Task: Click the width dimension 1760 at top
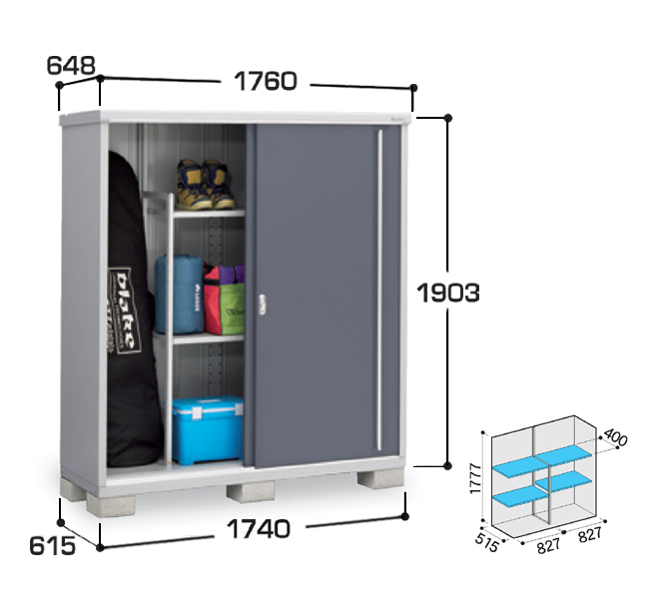click(266, 81)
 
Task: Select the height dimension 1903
click(448, 293)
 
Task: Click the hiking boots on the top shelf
click(205, 185)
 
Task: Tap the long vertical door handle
click(379, 290)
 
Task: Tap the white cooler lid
click(208, 404)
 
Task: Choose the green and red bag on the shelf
click(225, 300)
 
